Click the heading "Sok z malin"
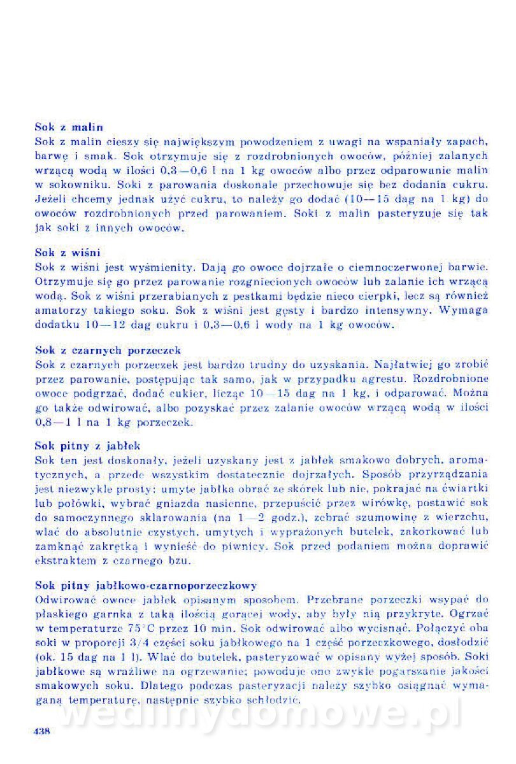click(x=69, y=127)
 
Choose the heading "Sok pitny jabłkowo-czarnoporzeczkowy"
click(x=146, y=584)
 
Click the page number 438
click(x=41, y=731)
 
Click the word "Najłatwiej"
click(x=405, y=365)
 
